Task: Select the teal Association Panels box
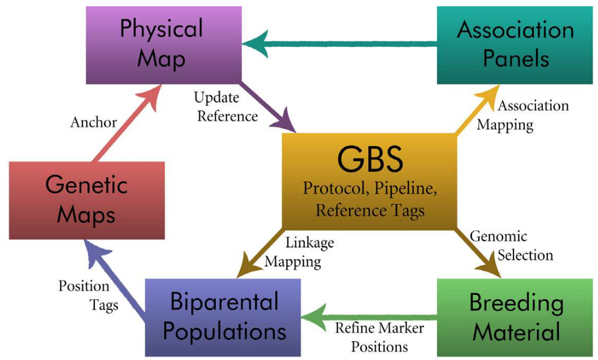[x=516, y=44]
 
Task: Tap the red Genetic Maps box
[x=87, y=200]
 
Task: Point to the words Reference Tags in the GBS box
[x=370, y=211]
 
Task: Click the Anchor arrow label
[x=94, y=122]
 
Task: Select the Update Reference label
[x=226, y=107]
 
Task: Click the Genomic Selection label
[x=511, y=245]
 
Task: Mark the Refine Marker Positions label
[x=379, y=337]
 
